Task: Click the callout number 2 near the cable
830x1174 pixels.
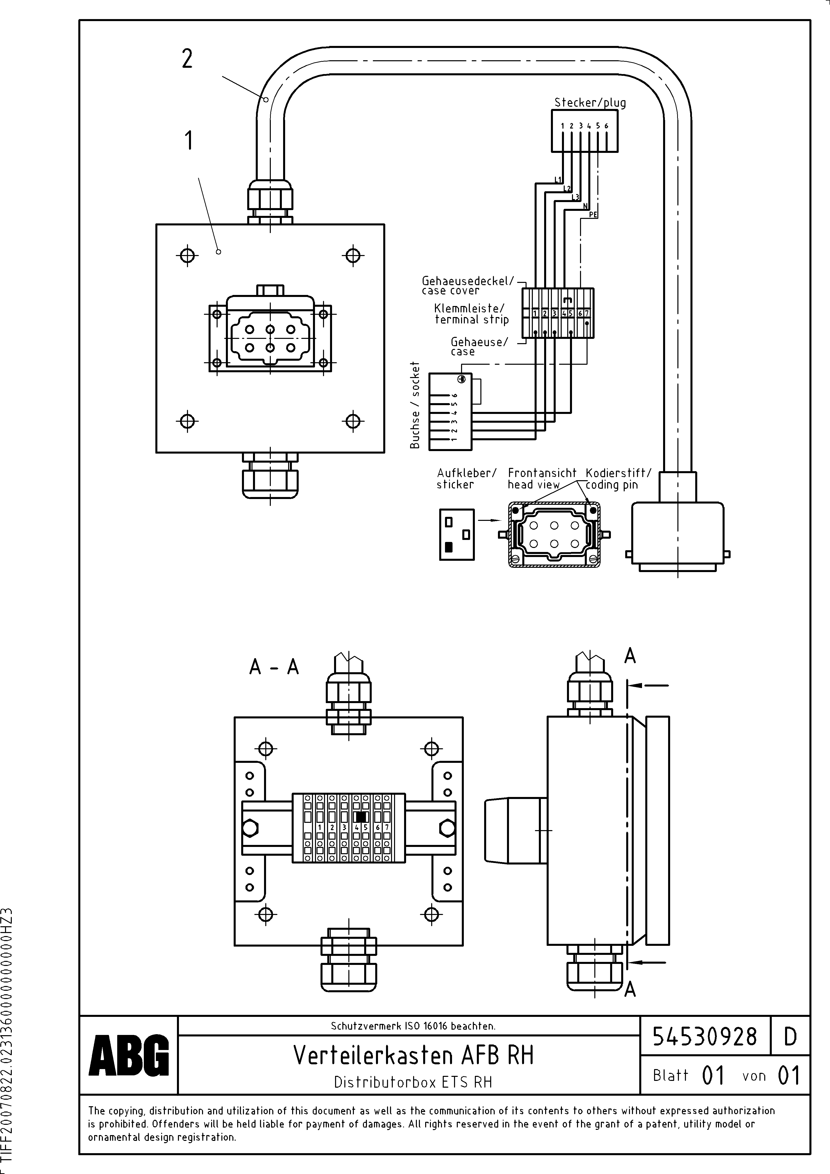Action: coord(187,59)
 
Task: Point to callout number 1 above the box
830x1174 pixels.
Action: coord(189,141)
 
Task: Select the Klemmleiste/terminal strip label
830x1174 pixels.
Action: coord(471,314)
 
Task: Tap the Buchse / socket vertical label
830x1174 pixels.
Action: coord(415,405)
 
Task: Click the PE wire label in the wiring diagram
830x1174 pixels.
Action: coord(593,215)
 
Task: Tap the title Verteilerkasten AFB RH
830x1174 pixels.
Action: coord(413,1055)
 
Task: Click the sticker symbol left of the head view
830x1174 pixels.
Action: coord(457,534)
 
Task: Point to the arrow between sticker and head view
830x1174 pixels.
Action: coord(488,520)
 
